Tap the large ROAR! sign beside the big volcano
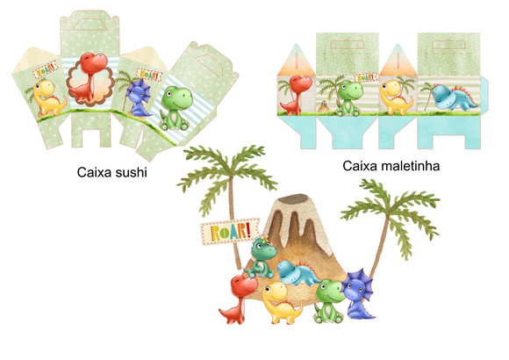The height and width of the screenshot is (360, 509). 230,231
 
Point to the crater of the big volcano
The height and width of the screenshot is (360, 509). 295,198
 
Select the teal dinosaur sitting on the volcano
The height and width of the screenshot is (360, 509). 263,257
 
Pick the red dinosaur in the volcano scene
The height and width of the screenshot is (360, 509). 240,299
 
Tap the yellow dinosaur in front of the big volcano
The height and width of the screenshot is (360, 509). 281,302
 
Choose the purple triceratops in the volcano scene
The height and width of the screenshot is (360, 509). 359,294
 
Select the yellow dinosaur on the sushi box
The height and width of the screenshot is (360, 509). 49,97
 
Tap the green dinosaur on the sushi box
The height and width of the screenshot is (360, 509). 176,108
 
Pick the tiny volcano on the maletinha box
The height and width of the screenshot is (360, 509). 324,106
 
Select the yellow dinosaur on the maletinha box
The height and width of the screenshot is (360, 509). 396,97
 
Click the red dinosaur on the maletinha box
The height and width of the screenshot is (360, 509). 293,94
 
